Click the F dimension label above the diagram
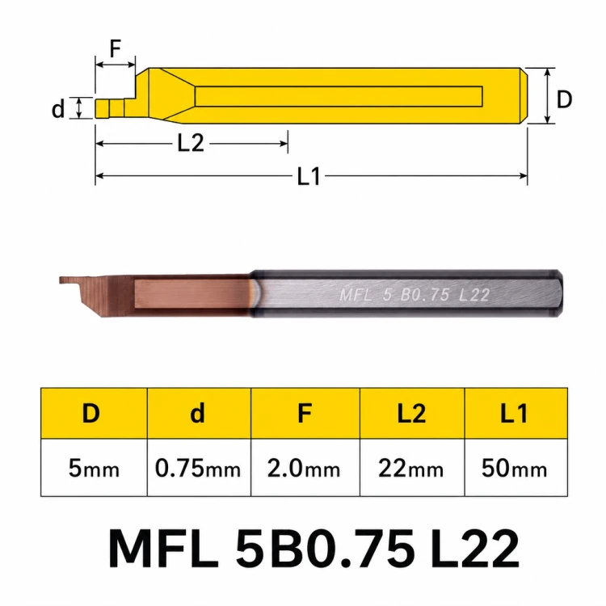pyautogui.click(x=116, y=48)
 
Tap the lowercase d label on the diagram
pyautogui.click(x=58, y=109)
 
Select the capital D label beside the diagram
pyautogui.click(x=564, y=99)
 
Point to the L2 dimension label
pyautogui.click(x=191, y=143)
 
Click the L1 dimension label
pyautogui.click(x=309, y=177)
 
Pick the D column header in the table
pyautogui.click(x=91, y=413)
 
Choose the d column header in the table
pyautogui.click(x=197, y=413)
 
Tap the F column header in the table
pyautogui.click(x=305, y=413)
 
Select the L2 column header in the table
pyautogui.click(x=411, y=413)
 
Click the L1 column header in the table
pyautogui.click(x=514, y=413)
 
